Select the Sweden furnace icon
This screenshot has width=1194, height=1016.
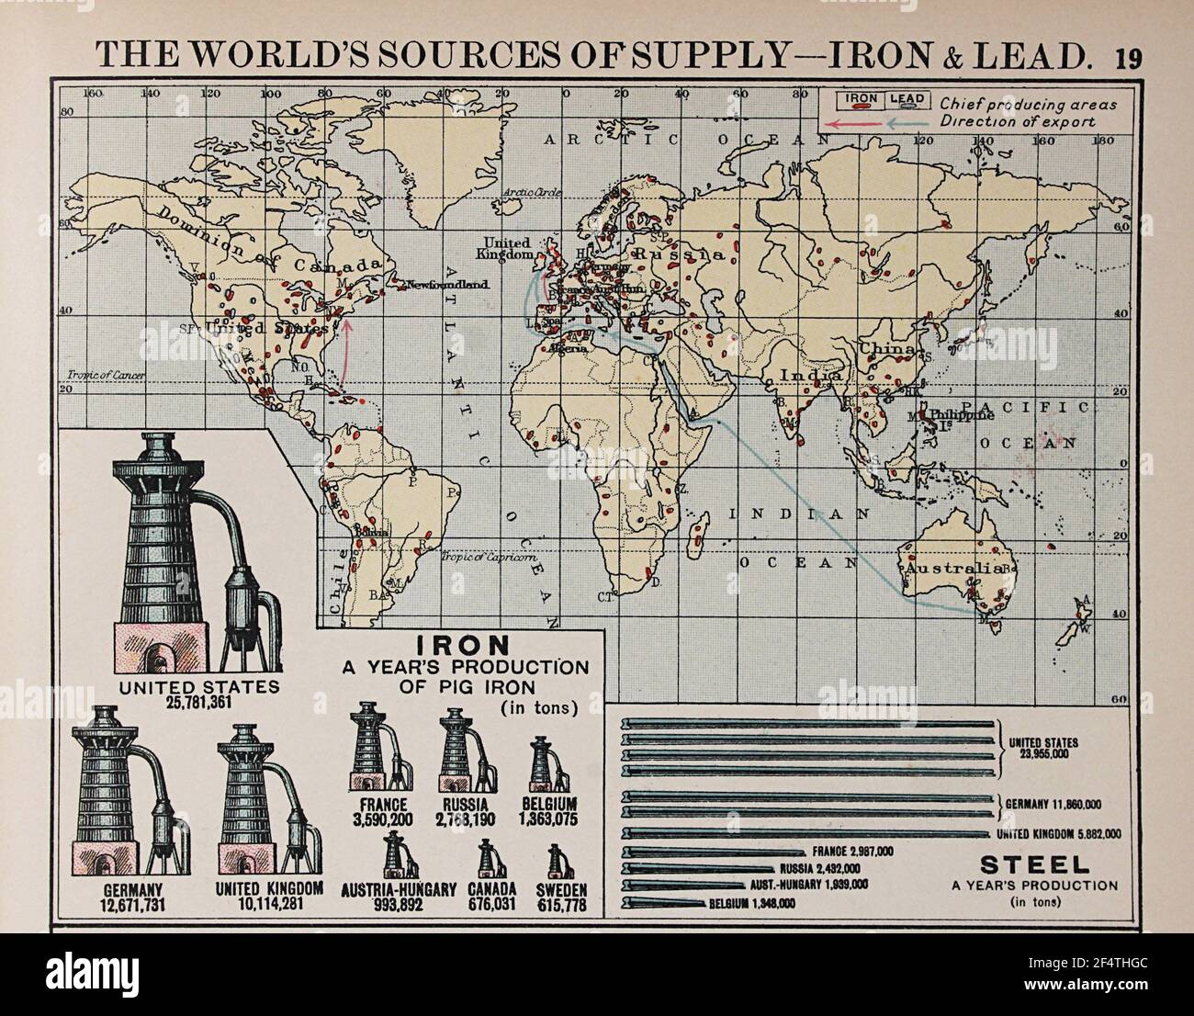pyautogui.click(x=556, y=863)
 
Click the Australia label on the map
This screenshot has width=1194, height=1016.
pyautogui.click(x=942, y=570)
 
